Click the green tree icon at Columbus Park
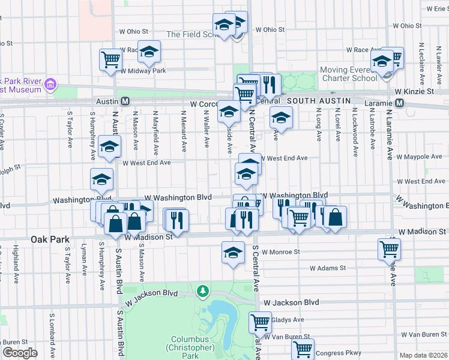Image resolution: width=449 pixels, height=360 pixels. click(204, 291)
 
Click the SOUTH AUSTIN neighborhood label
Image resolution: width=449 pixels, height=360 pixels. click(316, 101)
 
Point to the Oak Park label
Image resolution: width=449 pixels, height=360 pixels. click(50, 239)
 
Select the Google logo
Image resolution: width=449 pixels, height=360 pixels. click(20, 352)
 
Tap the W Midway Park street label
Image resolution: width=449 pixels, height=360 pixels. click(142, 71)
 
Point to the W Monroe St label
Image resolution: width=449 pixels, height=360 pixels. click(280, 253)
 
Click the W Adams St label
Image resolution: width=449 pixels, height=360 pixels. click(328, 268)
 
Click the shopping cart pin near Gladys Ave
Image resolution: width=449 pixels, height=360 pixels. click(261, 322)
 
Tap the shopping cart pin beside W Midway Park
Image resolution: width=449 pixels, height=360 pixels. click(111, 59)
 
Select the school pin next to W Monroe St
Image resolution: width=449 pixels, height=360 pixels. click(232, 253)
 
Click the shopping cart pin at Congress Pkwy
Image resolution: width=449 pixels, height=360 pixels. click(303, 349)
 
